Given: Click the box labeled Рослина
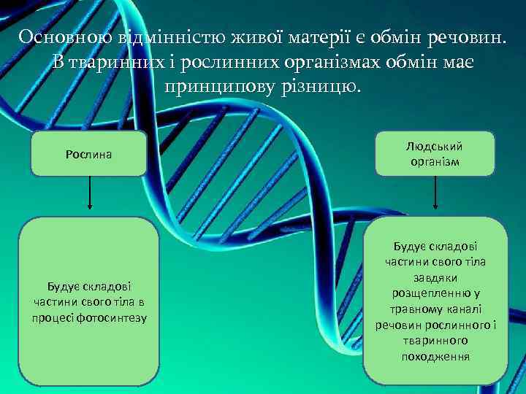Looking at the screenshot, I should [89, 154].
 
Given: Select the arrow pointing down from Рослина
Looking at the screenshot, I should [89, 196].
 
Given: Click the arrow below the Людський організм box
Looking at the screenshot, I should [435, 196].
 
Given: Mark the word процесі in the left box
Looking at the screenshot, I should [53, 317].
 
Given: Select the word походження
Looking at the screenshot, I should [435, 357].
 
